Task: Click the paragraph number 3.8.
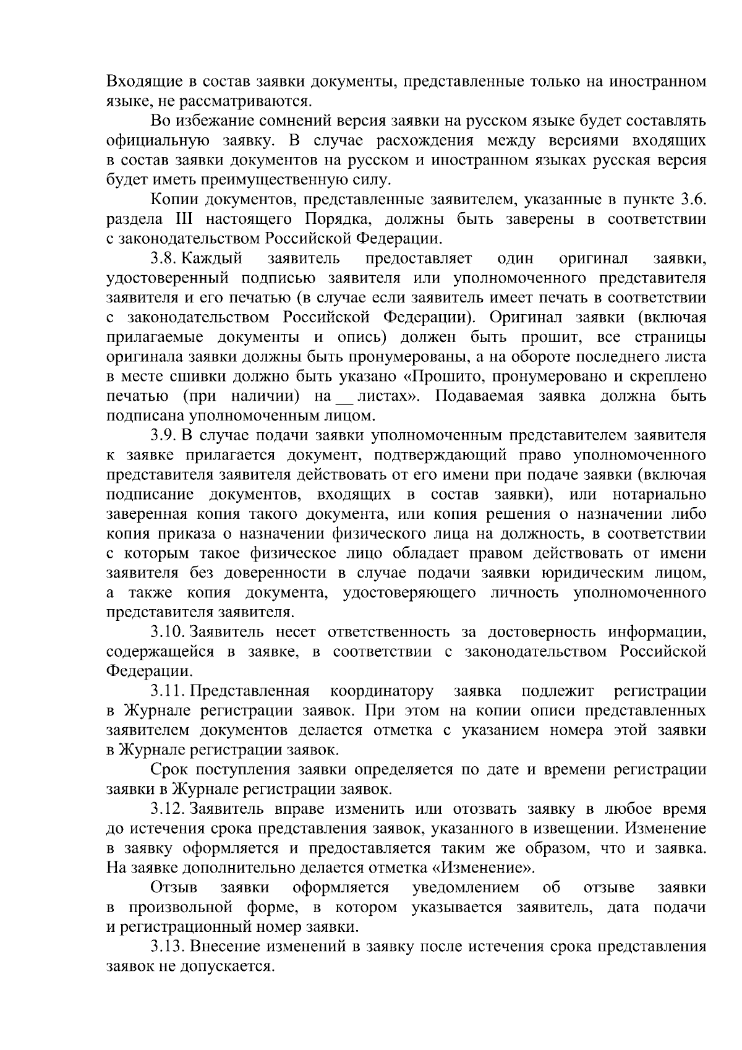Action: click(166, 258)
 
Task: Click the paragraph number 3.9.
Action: click(166, 436)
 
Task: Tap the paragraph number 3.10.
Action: click(168, 632)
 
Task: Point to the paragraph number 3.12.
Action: click(168, 809)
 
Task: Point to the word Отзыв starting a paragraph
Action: click(174, 888)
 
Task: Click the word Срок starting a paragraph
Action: click(169, 769)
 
